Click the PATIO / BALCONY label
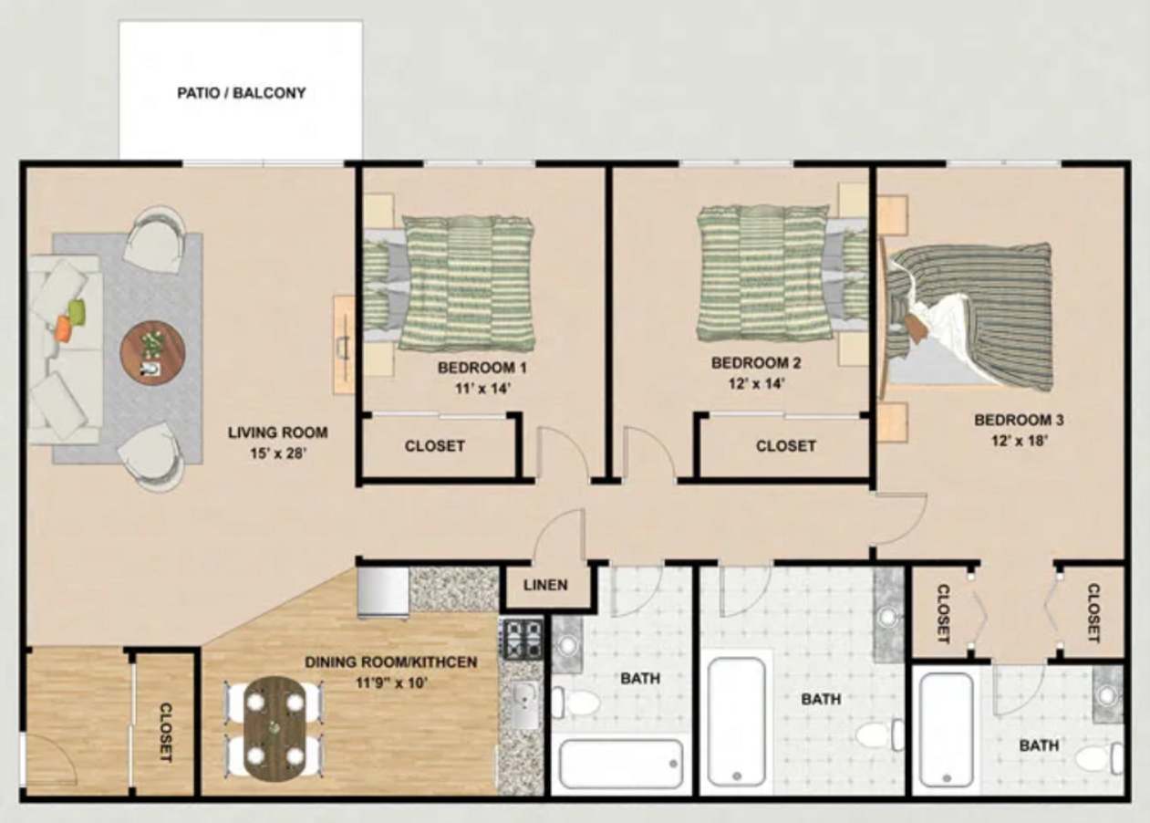pos(241,93)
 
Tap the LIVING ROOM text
pos(277,432)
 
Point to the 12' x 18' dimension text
pos(1019,440)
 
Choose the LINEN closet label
pos(545,585)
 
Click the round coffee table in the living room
pos(152,353)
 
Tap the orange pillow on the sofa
pos(62,328)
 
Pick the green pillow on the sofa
pos(77,311)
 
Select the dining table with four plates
pos(275,727)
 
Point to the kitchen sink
pos(523,704)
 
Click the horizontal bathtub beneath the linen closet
pos(621,764)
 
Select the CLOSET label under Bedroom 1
pos(435,446)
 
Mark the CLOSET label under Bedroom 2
pos(785,446)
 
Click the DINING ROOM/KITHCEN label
pos(390,662)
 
